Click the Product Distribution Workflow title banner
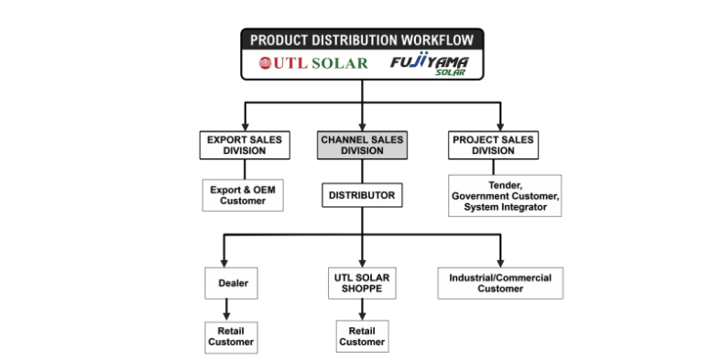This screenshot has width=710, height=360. tap(362, 39)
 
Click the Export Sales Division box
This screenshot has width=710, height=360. tap(244, 145)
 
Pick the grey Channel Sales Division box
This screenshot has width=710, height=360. tap(362, 145)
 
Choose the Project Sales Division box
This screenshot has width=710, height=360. tap(493, 145)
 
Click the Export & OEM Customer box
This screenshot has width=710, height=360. tap(244, 195)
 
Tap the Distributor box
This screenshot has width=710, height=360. tap(362, 195)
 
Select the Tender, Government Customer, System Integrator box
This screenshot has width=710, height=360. tap(505, 196)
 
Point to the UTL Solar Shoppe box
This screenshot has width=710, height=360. tap(362, 282)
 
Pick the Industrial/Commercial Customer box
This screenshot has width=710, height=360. tap(500, 282)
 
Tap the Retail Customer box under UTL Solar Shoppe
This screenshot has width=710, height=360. tap(362, 335)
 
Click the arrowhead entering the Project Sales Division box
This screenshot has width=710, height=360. tap(501, 126)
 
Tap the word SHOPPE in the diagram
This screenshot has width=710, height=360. tap(363, 289)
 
